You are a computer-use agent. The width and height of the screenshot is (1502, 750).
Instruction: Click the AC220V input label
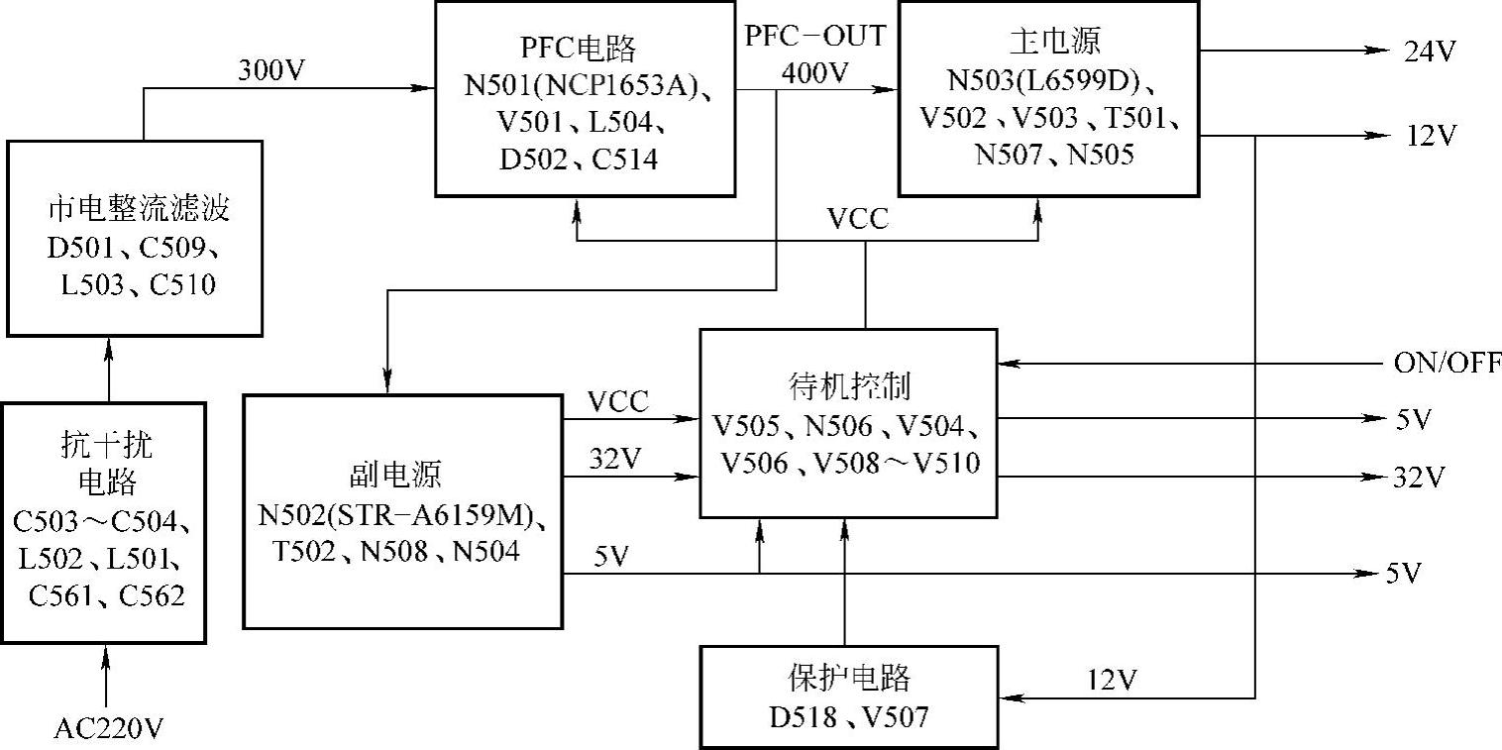(x=108, y=730)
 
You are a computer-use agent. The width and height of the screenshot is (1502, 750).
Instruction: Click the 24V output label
(x=1430, y=52)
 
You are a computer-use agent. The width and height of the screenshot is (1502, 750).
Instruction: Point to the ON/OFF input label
(x=1448, y=362)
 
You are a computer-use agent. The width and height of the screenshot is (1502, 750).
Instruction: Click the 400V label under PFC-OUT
(x=815, y=72)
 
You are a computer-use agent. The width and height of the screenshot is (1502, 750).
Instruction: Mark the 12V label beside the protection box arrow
(x=1113, y=680)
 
